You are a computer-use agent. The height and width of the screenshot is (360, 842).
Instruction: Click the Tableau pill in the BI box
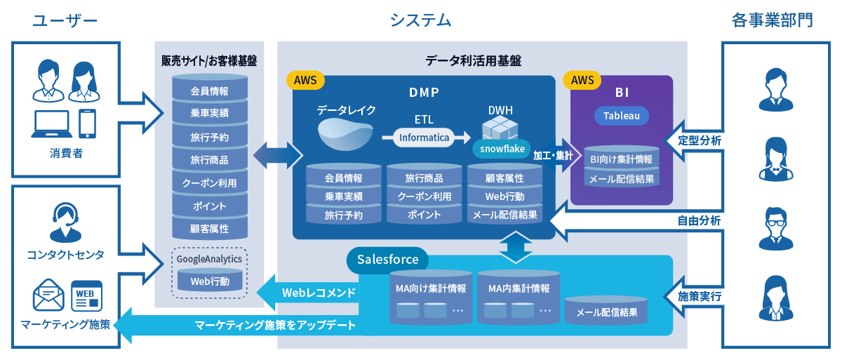coord(622,116)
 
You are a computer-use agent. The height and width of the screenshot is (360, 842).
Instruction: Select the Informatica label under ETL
coord(424,138)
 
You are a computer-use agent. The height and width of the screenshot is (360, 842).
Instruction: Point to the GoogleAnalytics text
coord(209,259)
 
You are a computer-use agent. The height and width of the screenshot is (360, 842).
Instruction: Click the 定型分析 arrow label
coord(699,140)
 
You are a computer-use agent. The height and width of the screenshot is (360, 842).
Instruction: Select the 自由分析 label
coord(699,220)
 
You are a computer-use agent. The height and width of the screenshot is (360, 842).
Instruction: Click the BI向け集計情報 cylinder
coord(622,159)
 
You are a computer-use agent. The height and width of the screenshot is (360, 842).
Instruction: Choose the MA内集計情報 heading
coord(519,288)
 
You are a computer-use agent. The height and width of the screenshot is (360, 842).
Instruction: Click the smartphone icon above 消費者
coord(87,124)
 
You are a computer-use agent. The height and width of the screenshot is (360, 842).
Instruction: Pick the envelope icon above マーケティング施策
coord(48,295)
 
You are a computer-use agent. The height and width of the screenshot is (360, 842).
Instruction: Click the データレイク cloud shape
coord(345,133)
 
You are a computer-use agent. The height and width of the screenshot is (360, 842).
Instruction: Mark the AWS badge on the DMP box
coord(305,80)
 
